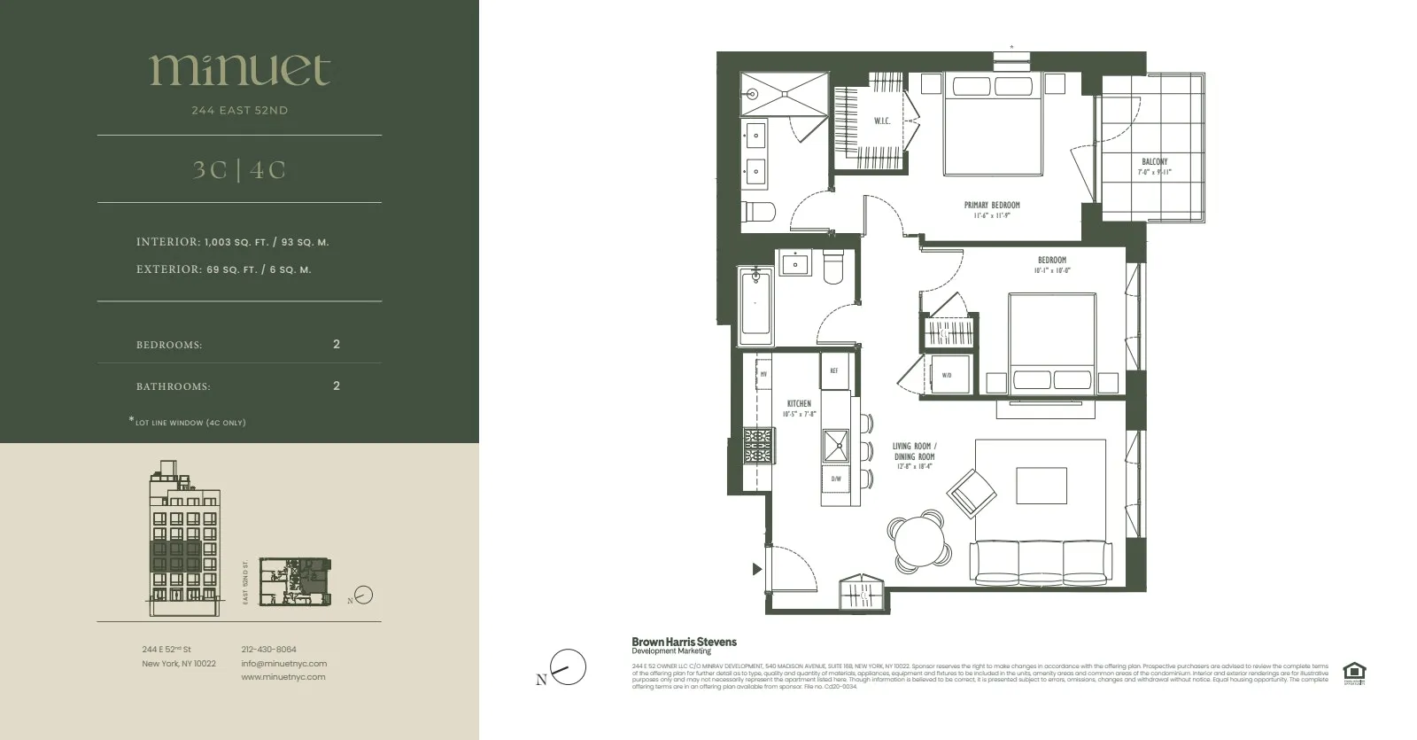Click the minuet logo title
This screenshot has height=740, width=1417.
[239, 70]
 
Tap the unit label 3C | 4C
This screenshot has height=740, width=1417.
[239, 169]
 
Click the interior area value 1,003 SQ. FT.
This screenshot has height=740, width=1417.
[238, 242]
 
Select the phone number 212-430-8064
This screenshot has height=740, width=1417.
[268, 650]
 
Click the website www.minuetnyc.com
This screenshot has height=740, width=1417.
[283, 677]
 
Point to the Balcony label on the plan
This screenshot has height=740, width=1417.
[1154, 162]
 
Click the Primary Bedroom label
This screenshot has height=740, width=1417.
[992, 206]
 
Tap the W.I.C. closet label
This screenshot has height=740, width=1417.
[882, 121]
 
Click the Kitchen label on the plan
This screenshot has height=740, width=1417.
[799, 403]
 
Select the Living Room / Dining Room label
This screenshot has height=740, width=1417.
[914, 452]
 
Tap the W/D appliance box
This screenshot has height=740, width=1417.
[947, 375]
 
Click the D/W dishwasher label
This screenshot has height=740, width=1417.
[835, 479]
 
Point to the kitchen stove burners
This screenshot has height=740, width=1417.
[759, 446]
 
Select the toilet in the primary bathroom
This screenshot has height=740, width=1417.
[760, 211]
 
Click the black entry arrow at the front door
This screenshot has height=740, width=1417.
[756, 569]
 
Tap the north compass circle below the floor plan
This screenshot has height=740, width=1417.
[569, 667]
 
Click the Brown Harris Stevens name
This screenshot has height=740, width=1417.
[684, 642]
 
